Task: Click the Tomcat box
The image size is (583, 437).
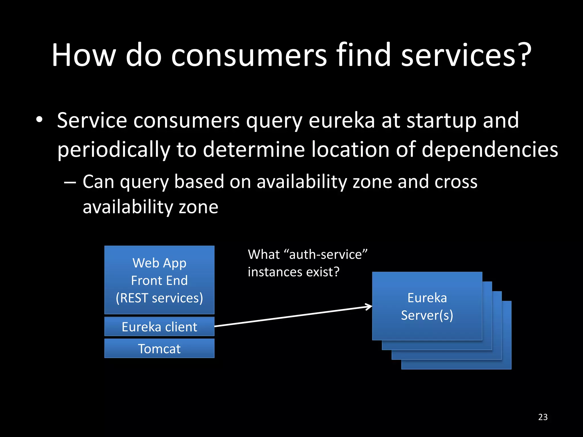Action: click(159, 348)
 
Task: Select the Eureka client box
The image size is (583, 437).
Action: click(159, 327)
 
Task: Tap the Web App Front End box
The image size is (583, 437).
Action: click(159, 280)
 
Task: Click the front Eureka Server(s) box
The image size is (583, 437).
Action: click(427, 306)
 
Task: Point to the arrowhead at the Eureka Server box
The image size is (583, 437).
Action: click(370, 307)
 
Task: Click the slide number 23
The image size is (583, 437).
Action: click(543, 417)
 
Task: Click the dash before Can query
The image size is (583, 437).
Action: click(70, 182)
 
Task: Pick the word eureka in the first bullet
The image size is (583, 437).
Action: click(342, 120)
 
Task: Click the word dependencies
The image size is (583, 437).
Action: click(490, 149)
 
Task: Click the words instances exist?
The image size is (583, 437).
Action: click(293, 272)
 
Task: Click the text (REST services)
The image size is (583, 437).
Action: click(159, 298)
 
